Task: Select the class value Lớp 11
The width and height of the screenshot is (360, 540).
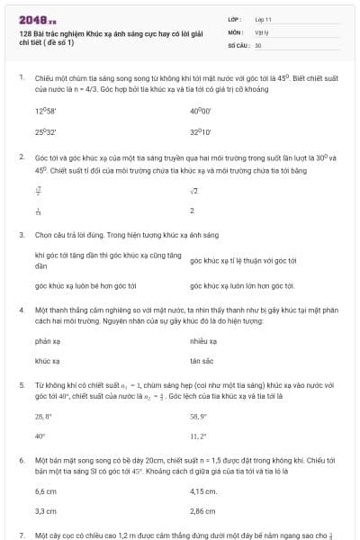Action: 262,19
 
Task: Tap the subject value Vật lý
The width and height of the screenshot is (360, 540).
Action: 261,31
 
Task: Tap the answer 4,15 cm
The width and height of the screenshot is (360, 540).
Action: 203,491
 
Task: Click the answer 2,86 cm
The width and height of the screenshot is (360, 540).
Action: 203,511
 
